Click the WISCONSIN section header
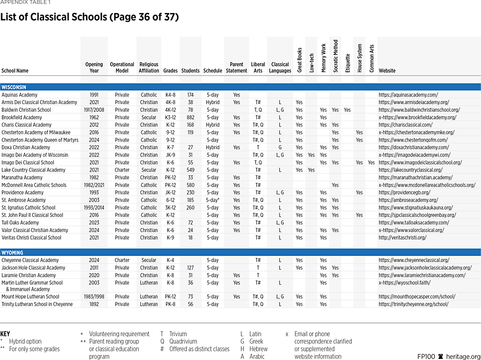coord(14,87)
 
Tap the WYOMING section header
coord(13,253)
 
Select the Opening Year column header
coord(94,68)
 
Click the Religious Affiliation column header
coord(149,68)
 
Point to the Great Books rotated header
coord(299,60)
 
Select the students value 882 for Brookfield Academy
coord(190,117)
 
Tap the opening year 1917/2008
coord(94,109)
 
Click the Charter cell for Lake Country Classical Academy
coord(122,170)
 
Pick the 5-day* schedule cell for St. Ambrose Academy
coord(213,200)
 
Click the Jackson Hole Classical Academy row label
coord(33,268)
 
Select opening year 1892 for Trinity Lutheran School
coord(94,304)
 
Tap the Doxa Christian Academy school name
coord(26,147)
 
